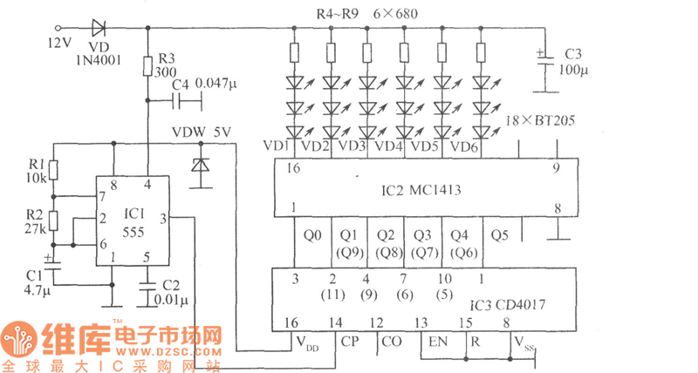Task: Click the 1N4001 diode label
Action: [x=103, y=58]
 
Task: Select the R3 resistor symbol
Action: [x=148, y=66]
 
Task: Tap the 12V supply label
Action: [x=59, y=41]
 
